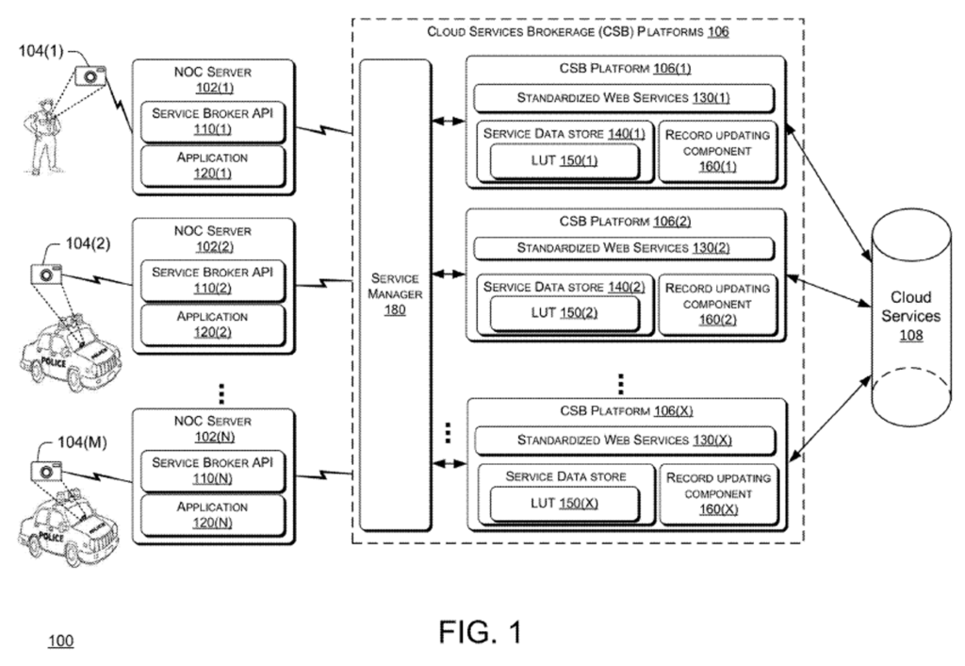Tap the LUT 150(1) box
coord(559,162)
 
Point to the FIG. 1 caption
coord(480,630)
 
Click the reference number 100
coord(60,642)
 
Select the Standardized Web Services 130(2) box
coord(623,248)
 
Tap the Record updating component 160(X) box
coord(718,492)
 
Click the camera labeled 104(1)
coord(91,76)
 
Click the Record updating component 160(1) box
coord(718,151)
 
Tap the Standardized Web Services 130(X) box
coord(623,440)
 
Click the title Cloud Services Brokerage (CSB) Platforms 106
coord(578,31)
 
